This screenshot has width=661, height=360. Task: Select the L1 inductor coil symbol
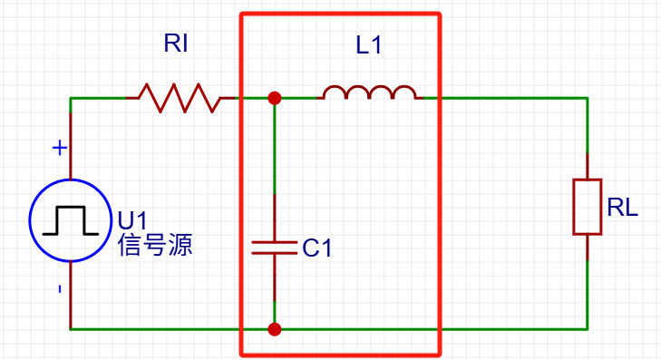(x=370, y=93)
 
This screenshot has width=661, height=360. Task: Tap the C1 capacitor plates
(x=274, y=248)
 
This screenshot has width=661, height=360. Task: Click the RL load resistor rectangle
(x=587, y=207)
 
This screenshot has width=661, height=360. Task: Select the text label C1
(x=317, y=248)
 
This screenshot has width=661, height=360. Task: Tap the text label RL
(x=623, y=208)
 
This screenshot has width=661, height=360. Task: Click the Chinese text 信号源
(x=155, y=245)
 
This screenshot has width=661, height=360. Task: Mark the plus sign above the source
(x=59, y=147)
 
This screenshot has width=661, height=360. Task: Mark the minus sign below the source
(x=59, y=289)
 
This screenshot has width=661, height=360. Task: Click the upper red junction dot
(x=274, y=98)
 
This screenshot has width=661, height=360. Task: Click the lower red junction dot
(x=274, y=329)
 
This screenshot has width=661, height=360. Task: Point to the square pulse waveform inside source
(x=70, y=219)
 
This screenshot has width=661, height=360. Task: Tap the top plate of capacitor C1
(x=274, y=242)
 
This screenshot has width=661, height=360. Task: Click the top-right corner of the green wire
(x=587, y=98)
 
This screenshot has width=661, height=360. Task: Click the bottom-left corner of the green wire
(x=71, y=329)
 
